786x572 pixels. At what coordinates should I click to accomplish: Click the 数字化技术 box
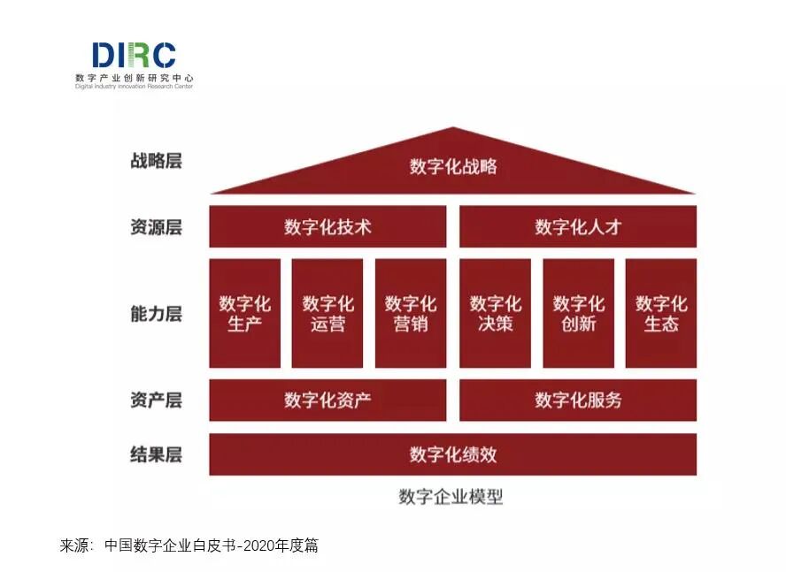tap(327, 226)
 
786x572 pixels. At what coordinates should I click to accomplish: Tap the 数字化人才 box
tap(578, 226)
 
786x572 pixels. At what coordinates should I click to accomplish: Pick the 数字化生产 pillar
tap(244, 313)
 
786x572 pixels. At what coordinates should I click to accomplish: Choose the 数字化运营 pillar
tap(327, 313)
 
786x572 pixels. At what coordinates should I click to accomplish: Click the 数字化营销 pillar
tap(411, 313)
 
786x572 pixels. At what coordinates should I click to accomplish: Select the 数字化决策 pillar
tap(495, 313)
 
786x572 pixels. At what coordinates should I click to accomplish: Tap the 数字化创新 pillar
tap(578, 313)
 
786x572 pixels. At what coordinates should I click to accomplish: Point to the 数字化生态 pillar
tap(661, 313)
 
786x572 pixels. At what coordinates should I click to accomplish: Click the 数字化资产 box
tap(327, 400)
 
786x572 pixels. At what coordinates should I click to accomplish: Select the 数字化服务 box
tap(578, 400)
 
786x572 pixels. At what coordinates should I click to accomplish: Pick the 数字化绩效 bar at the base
tap(453, 454)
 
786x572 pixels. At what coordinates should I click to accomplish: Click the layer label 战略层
tap(156, 161)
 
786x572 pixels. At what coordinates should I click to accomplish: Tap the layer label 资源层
tap(156, 226)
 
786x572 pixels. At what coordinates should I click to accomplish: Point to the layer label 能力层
tap(156, 313)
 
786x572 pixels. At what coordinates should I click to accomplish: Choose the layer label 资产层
tap(156, 400)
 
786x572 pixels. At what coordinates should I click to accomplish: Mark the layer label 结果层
tap(156, 454)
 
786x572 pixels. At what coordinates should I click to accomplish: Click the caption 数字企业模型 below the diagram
tap(451, 496)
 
